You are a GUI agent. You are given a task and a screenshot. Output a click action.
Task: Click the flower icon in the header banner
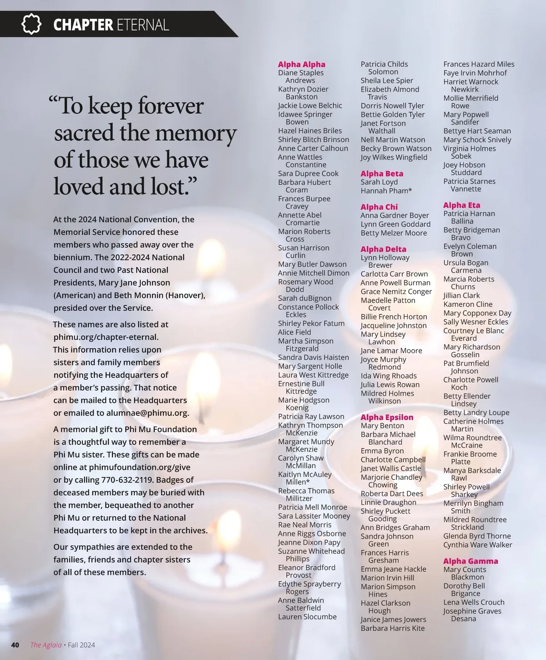[31, 24]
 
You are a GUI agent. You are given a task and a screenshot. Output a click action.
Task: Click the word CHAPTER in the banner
[83, 25]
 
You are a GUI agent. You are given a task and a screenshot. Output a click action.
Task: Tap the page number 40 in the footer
[15, 645]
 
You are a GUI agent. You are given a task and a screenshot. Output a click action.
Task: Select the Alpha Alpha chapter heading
[301, 64]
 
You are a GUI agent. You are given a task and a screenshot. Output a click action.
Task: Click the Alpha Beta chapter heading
[382, 173]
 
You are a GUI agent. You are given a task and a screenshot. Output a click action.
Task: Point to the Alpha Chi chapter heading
[379, 207]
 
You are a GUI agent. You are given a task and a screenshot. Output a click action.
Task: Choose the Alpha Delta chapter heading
[383, 249]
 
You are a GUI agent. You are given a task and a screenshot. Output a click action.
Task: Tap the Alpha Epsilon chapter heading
[387, 417]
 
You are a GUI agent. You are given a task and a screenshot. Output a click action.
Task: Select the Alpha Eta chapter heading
[461, 205]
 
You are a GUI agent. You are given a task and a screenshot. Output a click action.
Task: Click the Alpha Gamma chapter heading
[470, 561]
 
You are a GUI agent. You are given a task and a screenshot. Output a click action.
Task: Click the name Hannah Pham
[386, 191]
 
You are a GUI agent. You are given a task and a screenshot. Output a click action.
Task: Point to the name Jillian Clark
[461, 295]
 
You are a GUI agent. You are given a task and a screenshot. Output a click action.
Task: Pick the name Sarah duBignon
[304, 298]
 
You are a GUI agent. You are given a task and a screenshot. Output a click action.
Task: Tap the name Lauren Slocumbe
[307, 617]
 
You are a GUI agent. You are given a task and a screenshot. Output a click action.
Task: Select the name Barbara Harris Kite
[392, 628]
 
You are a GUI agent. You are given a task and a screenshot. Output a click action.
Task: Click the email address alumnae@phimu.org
[147, 413]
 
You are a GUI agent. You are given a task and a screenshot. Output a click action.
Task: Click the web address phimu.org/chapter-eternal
[106, 337]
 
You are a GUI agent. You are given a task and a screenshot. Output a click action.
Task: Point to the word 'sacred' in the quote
[84, 133]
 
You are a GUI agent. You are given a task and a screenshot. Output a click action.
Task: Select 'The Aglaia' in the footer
[45, 645]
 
